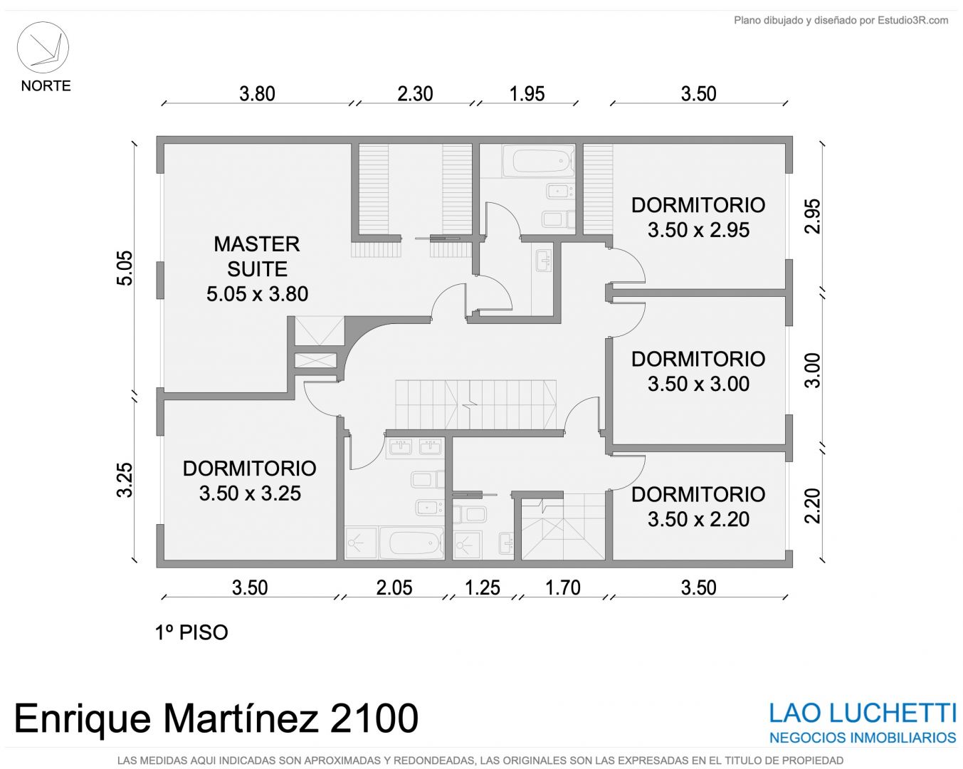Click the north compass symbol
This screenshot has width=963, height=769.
coord(43,48)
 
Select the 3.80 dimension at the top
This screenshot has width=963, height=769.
coord(257,94)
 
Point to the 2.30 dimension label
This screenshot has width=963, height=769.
coord(415,94)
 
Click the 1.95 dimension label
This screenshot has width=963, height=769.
coord(527,94)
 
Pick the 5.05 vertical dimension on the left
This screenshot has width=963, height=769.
coord(125,268)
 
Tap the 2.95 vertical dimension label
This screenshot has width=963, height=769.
coord(812,216)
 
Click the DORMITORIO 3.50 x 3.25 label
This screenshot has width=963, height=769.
coord(250,481)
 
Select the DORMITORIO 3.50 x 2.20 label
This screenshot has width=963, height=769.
coord(698,507)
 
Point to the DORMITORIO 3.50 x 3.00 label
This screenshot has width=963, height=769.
coord(698,372)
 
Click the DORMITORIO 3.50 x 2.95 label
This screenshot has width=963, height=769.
coord(698,218)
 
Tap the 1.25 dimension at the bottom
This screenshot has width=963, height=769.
coord(483,587)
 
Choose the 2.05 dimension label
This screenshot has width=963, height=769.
coord(394,587)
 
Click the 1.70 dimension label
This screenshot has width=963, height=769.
coord(563,587)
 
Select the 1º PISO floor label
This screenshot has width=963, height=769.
coord(191,632)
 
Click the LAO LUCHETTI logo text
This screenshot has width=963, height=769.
coord(863,713)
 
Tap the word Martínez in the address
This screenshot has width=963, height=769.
coord(241,718)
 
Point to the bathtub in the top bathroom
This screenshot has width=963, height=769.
coord(538,161)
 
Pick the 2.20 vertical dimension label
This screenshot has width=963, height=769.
coord(812,506)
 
